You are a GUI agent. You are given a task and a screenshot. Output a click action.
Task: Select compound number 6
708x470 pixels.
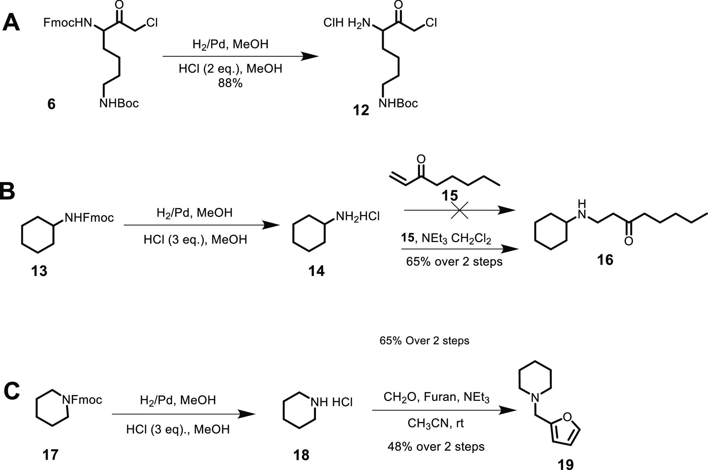[51, 104]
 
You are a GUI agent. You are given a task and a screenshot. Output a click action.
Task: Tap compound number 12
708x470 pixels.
[361, 111]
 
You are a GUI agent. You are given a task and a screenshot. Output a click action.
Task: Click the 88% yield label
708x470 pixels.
[230, 83]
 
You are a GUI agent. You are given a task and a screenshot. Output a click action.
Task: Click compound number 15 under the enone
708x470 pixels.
[449, 195]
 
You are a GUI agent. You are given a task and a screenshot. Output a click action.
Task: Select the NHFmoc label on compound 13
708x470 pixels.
[89, 218]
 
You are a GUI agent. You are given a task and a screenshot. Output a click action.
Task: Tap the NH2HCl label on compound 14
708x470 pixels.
[357, 217]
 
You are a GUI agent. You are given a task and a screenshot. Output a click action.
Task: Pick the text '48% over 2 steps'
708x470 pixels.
[436, 446]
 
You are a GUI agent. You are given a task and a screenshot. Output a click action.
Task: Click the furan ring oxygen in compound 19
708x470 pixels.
[567, 417]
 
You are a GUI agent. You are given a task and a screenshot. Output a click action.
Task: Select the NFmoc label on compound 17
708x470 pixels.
[82, 400]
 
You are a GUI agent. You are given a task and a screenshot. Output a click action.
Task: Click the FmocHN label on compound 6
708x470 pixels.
[68, 23]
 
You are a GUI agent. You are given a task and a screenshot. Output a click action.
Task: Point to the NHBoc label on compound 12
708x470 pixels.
[398, 103]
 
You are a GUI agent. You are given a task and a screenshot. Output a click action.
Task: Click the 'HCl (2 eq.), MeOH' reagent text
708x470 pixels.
[230, 69]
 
